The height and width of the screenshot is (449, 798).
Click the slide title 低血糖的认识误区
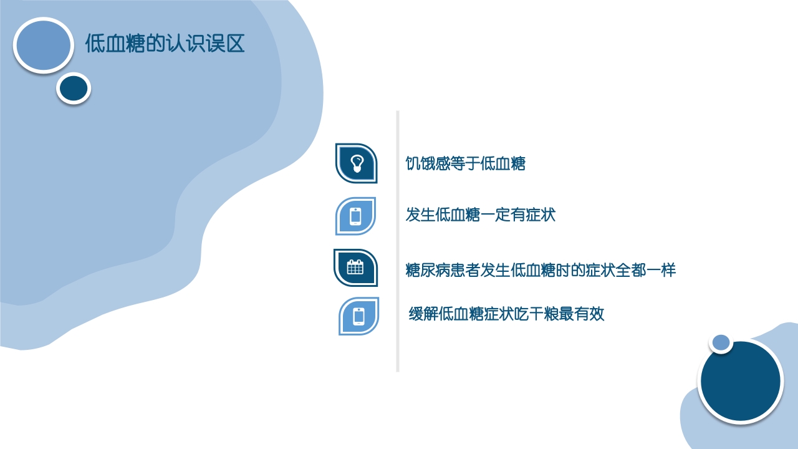pyautogui.click(x=165, y=44)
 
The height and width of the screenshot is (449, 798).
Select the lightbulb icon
pyautogui.click(x=357, y=163)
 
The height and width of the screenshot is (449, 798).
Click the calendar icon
pyautogui.click(x=355, y=268)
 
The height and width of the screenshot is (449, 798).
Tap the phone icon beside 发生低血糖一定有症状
pyautogui.click(x=355, y=216)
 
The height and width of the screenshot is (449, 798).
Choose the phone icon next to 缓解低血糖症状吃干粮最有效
pyautogui.click(x=358, y=316)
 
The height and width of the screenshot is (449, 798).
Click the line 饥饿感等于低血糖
pyautogui.click(x=465, y=164)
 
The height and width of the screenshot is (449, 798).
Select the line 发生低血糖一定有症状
pyautogui.click(x=480, y=216)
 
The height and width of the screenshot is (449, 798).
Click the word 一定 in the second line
pyautogui.click(x=496, y=216)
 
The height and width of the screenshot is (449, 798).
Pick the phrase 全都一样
pyautogui.click(x=646, y=271)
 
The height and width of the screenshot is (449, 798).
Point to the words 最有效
pyautogui.click(x=582, y=314)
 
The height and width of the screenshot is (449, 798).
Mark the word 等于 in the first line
pyautogui.click(x=465, y=164)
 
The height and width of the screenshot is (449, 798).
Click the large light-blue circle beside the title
pyautogui.click(x=43, y=45)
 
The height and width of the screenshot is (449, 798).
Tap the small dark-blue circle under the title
pyautogui.click(x=74, y=88)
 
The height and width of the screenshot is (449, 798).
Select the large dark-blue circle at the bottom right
pyautogui.click(x=740, y=380)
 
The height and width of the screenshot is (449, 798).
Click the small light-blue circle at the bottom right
pyautogui.click(x=721, y=342)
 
